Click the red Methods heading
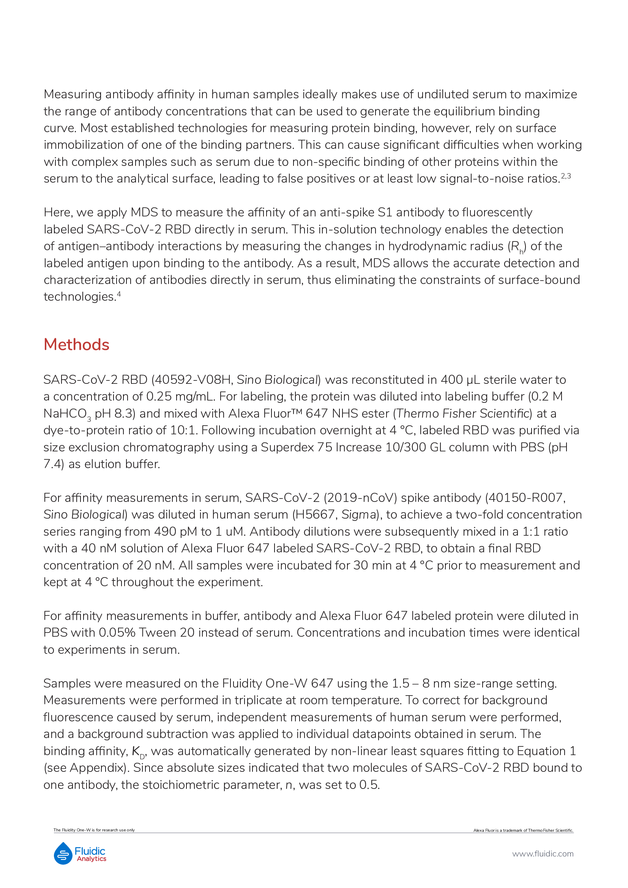tap(76, 345)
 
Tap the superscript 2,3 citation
tap(566, 176)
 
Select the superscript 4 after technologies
tap(119, 294)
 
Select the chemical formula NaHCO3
tap(67, 414)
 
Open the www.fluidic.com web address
tap(543, 854)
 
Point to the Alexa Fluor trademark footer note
tap(523, 830)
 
